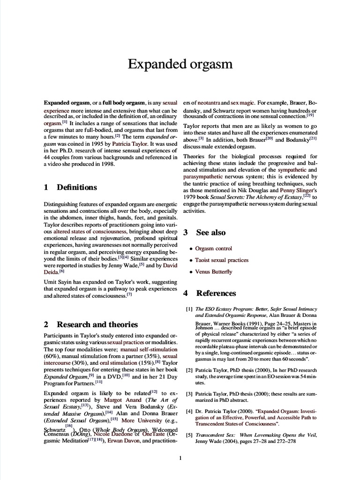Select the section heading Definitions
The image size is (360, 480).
[77, 187]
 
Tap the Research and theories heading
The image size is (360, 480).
[97, 324]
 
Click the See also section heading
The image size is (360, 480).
[210, 232]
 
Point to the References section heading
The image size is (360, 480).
[216, 293]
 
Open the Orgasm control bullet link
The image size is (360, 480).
[213, 248]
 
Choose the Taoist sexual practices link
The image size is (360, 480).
[222, 260]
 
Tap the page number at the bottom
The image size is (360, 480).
[180, 458]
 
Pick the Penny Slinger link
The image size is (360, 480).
[299, 191]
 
